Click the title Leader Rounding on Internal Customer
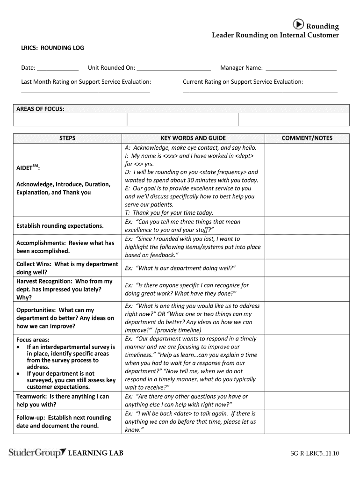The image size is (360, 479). [275, 35]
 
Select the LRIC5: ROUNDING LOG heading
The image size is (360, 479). [53, 48]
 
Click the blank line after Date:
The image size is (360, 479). [58, 69]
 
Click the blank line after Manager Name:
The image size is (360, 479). [301, 69]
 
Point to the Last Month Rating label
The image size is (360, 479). [86, 82]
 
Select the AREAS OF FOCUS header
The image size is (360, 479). [41, 109]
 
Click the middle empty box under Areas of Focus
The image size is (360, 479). [182, 120]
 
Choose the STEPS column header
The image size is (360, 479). [67, 138]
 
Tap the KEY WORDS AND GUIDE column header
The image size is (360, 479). [193, 138]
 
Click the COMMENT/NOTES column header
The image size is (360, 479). [307, 138]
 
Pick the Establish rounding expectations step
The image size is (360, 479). [60, 226]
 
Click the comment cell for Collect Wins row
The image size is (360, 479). [307, 268]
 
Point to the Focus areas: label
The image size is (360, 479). [33, 340]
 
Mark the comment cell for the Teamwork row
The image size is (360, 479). [307, 400]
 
